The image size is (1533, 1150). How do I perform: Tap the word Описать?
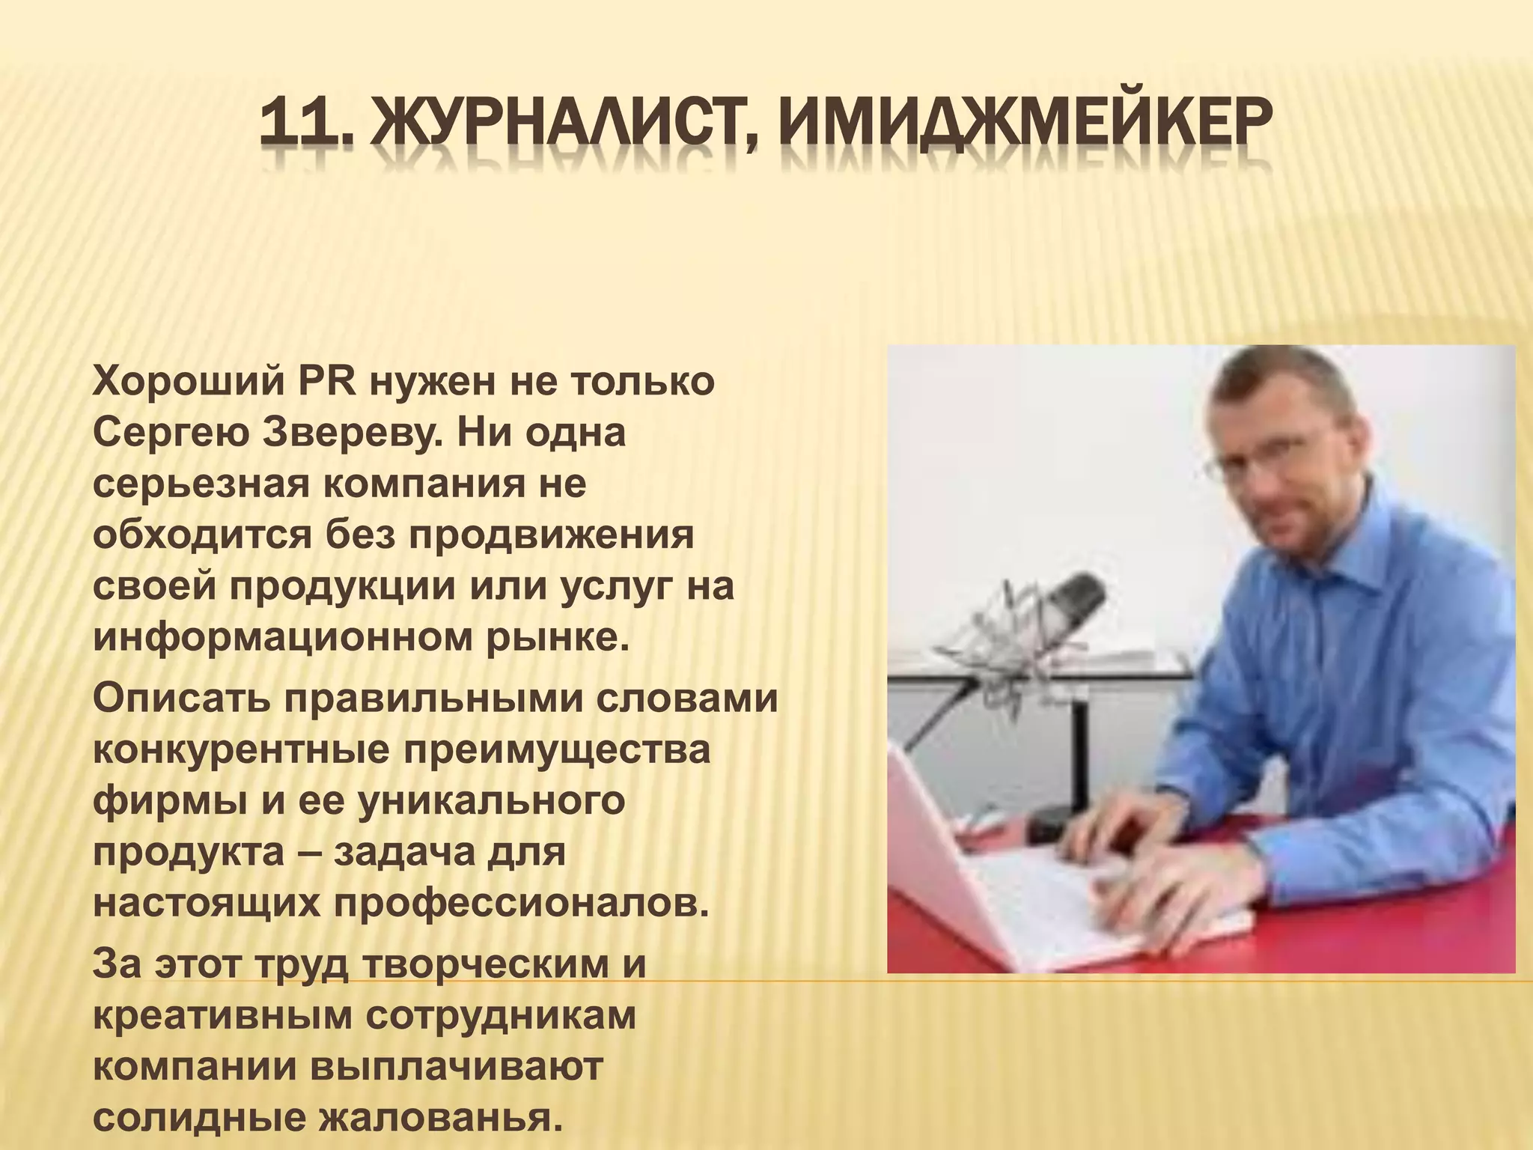[180, 699]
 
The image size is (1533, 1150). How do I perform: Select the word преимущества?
[557, 749]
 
